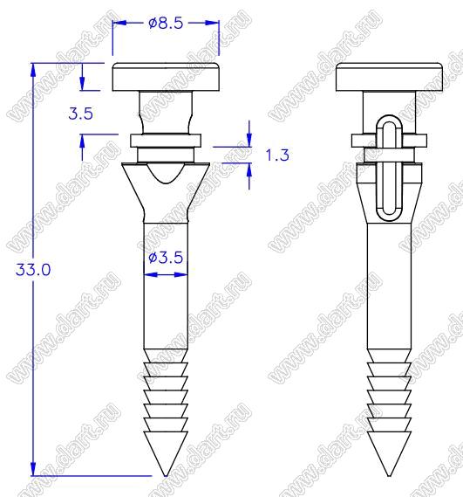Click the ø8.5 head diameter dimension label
coord(166,23)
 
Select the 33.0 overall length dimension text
coord(33,270)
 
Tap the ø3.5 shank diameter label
coord(166,258)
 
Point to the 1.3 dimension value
coord(277,155)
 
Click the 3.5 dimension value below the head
coord(81,114)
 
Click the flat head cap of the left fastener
coord(166,77)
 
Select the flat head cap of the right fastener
coord(389,77)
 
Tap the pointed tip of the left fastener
coord(166,475)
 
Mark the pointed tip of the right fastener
coord(389,475)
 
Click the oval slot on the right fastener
coord(389,168)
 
